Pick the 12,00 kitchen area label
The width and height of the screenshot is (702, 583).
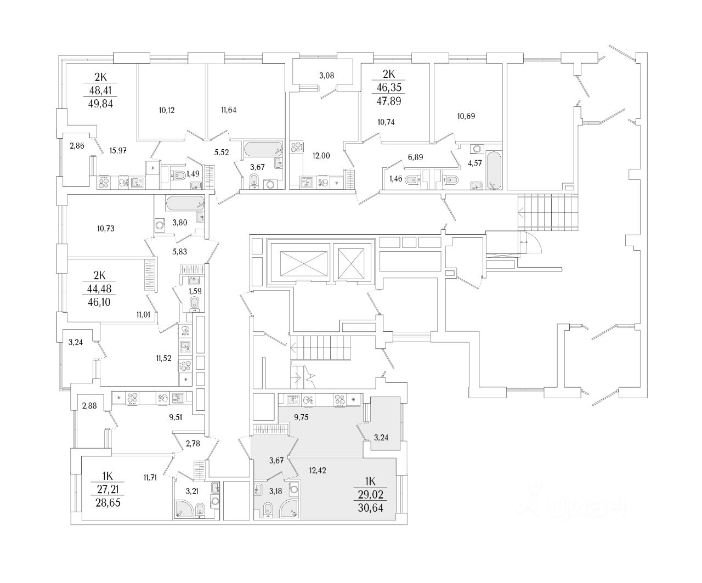[x=321, y=155]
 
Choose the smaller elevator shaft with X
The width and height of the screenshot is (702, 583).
[x=351, y=264]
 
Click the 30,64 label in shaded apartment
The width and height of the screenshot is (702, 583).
[x=370, y=508]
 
